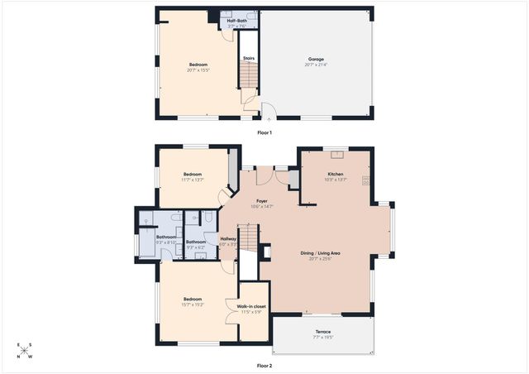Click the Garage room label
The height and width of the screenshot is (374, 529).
[316, 60]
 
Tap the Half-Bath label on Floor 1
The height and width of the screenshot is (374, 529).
[237, 21]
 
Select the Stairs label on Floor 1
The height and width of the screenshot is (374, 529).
[248, 58]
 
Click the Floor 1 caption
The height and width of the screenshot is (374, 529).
[264, 132]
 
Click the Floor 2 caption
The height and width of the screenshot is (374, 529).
[264, 365]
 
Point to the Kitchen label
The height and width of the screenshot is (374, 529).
[336, 174]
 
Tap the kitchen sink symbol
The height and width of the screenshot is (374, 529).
[336, 153]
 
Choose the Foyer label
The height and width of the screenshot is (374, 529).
[261, 201]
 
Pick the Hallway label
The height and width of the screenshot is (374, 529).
[228, 239]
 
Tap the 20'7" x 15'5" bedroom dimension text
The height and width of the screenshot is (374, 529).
[198, 70]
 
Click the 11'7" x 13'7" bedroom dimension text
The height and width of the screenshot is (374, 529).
[193, 180]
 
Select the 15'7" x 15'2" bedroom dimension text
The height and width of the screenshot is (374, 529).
[193, 304]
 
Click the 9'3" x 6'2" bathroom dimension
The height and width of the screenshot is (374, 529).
[196, 247]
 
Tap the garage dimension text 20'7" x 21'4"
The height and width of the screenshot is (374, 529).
[316, 65]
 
